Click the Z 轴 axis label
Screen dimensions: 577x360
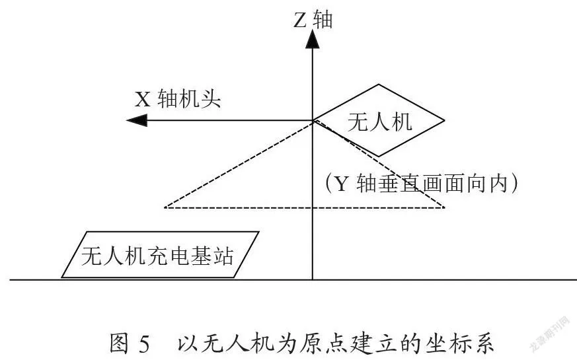[313, 20]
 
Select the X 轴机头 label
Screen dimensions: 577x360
[178, 99]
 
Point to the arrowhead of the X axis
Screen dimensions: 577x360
[137, 120]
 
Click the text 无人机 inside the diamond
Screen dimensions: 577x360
[380, 122]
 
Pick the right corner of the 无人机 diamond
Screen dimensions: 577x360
[445, 120]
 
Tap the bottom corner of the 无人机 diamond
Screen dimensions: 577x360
[379, 157]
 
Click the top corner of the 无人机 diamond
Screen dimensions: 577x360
[379, 85]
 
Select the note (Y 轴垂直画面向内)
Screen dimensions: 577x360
[422, 183]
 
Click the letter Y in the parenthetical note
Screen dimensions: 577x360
[341, 184]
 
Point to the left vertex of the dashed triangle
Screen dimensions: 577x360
[165, 207]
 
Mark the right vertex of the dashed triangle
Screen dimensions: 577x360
[445, 207]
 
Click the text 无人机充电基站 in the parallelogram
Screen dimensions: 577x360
[157, 256]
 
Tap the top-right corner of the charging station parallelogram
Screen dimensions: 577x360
[259, 232]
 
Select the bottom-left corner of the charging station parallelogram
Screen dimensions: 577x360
[62, 277]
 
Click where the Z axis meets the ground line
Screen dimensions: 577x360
[313, 280]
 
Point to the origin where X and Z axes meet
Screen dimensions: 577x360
[313, 120]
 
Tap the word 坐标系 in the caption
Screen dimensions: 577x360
[460, 344]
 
